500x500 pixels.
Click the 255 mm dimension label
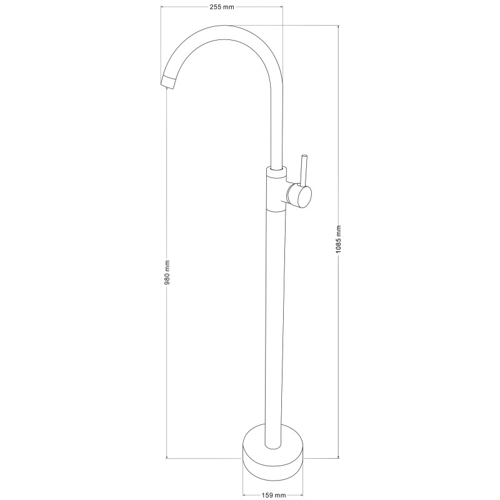pos(222,7)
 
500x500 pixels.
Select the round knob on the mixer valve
pos(304,197)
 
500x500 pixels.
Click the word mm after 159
pos(279,496)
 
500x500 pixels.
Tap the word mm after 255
pos(230,7)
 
